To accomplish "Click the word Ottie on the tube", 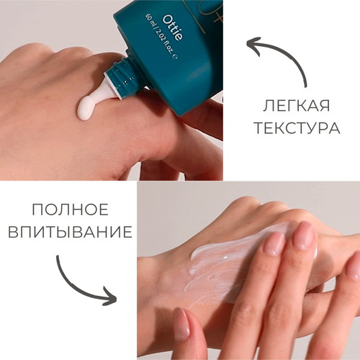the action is pos(172,28).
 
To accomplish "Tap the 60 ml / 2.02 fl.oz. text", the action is pos(161,37).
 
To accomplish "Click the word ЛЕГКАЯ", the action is pos(297,106).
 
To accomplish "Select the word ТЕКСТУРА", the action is pos(297,128).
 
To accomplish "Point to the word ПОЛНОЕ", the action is pos(70,210).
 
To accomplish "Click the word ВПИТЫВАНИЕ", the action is pos(70,232).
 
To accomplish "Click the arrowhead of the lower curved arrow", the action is pos(110,297).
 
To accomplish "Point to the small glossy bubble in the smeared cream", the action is pos(225,257).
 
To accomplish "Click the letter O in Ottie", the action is pos(168,19).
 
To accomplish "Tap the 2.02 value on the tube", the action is pos(161,37).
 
